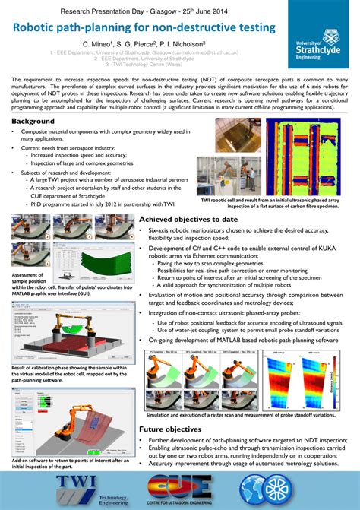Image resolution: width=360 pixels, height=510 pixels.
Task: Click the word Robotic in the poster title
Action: tap(43, 28)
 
